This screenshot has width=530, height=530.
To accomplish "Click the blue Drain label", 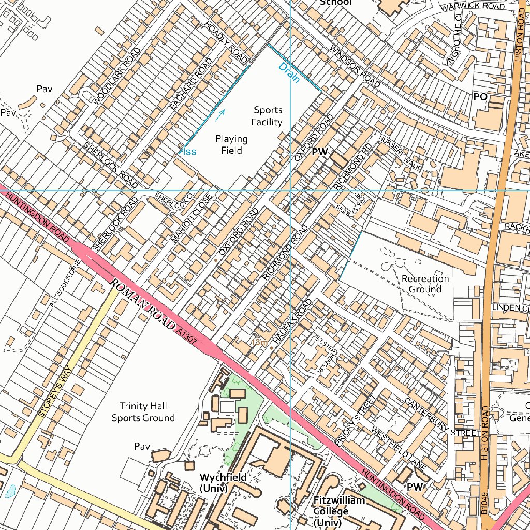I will [x=289, y=73].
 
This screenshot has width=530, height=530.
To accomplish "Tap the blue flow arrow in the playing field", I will [x=220, y=114].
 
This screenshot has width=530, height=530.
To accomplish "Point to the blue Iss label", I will [x=189, y=151].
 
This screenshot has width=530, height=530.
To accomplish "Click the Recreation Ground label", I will [x=425, y=284].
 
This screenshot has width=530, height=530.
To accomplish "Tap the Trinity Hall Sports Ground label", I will [x=143, y=412].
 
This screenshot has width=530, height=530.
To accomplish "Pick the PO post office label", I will [x=480, y=97].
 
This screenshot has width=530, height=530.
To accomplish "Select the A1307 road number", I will [x=186, y=331].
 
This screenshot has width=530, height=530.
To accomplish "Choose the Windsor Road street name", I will [x=355, y=66].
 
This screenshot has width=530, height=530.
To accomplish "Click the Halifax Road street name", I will [x=293, y=321].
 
